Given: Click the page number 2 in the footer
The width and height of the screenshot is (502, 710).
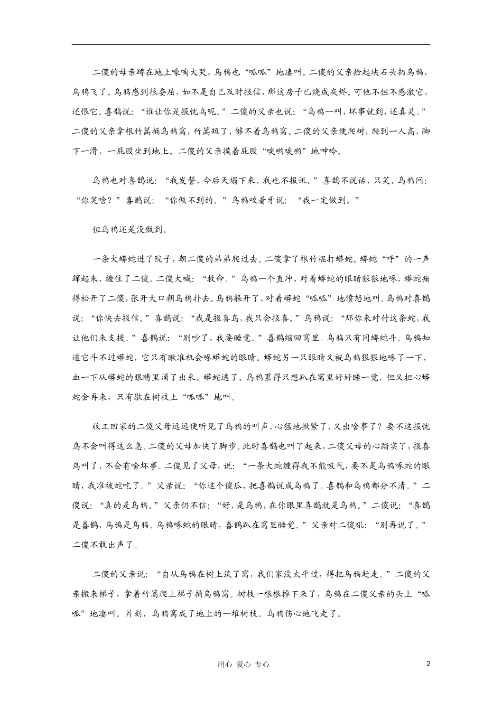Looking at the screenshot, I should pos(429,664).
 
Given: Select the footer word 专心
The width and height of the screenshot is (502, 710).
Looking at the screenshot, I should pos(262,665).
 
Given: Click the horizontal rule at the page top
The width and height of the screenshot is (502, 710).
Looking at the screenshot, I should pos(251,44).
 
